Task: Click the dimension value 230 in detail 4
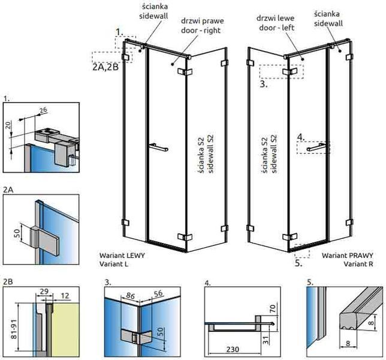point(233,349)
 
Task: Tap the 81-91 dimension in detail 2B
point(14,329)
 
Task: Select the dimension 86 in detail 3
point(130,295)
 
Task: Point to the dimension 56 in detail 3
point(158,293)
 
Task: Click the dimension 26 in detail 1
point(43,110)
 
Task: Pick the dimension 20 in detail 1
point(8,125)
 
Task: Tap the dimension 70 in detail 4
point(273,308)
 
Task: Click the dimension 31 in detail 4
point(266,341)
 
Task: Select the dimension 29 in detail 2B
point(44,292)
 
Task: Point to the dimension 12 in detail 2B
point(65,295)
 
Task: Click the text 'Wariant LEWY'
point(122,255)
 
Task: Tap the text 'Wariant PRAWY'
point(348,256)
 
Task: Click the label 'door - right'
point(201,31)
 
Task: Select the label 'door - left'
point(276,28)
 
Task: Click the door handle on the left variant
point(159,147)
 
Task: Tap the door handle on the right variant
point(318,147)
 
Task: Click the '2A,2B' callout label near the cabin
point(105,67)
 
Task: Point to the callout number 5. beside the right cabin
point(298,263)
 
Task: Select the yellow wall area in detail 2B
point(66,329)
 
